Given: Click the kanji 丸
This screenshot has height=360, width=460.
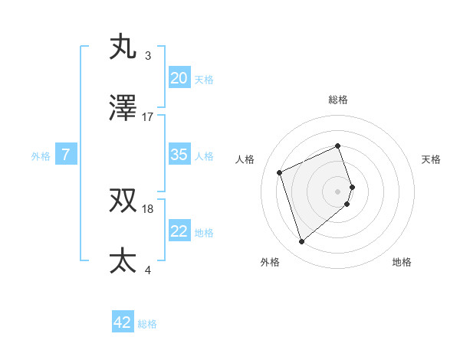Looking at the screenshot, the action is [123, 47].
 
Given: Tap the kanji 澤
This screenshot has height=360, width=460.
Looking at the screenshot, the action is [123, 109].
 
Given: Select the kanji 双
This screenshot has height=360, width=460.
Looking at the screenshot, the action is [123, 201].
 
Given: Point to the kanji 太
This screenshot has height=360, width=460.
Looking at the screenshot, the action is [123, 260].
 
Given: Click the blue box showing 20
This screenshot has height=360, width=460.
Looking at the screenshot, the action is [179, 77].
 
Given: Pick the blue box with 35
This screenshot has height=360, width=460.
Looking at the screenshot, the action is [179, 155].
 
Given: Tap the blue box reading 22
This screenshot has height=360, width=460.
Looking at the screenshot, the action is [179, 231].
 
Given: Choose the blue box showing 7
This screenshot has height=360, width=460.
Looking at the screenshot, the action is [66, 155].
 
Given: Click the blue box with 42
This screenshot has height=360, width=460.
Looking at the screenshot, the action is [123, 322].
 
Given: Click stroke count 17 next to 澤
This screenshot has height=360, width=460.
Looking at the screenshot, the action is [148, 117].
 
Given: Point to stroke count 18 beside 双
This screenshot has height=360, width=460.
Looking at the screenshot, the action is [148, 208].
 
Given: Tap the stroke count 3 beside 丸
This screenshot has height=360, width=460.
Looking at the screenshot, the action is [148, 55].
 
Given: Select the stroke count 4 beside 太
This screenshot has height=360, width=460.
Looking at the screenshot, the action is [148, 269].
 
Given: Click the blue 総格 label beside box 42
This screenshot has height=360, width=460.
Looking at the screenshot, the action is [147, 324].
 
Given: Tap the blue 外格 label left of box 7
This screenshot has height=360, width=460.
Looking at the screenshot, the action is [41, 156].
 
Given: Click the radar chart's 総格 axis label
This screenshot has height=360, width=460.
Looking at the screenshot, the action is [338, 100].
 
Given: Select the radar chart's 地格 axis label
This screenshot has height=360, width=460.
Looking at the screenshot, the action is [402, 262].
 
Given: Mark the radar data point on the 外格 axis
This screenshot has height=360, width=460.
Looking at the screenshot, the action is [301, 242].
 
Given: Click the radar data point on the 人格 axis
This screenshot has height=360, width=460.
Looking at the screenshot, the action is [281, 172].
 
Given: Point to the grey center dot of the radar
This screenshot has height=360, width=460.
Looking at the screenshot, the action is [338, 191].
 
